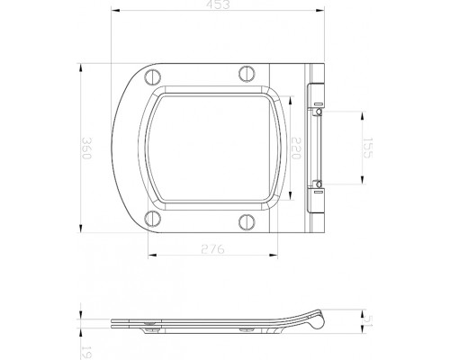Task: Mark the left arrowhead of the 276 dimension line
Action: click(x=148, y=254)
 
